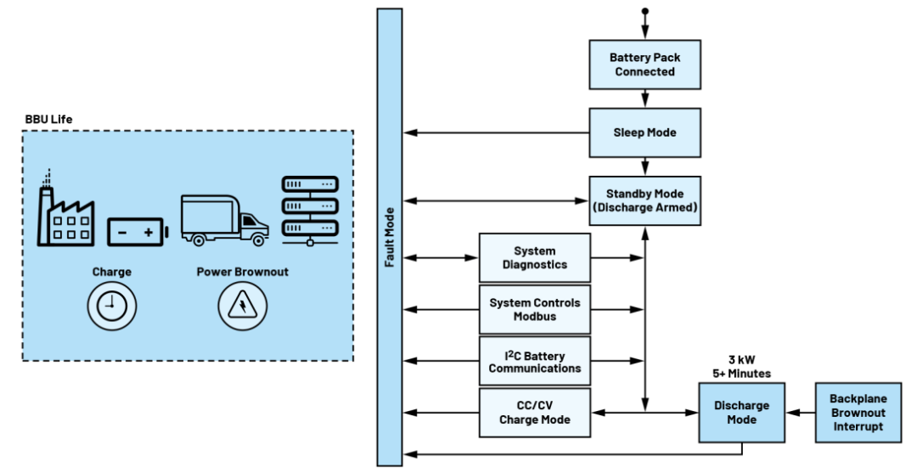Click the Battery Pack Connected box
[645, 65]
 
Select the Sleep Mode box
[645, 132]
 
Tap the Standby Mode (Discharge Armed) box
[645, 200]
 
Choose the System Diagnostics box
[535, 257]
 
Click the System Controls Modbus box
[535, 309]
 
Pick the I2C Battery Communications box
[535, 361]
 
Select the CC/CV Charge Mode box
[535, 413]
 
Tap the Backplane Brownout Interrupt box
[858, 413]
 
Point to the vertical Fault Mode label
[390, 238]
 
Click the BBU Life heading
[48, 119]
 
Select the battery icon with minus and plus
[137, 231]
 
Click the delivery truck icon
[224, 220]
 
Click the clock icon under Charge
[111, 306]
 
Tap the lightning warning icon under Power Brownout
[242, 306]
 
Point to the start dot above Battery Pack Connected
[645, 11]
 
